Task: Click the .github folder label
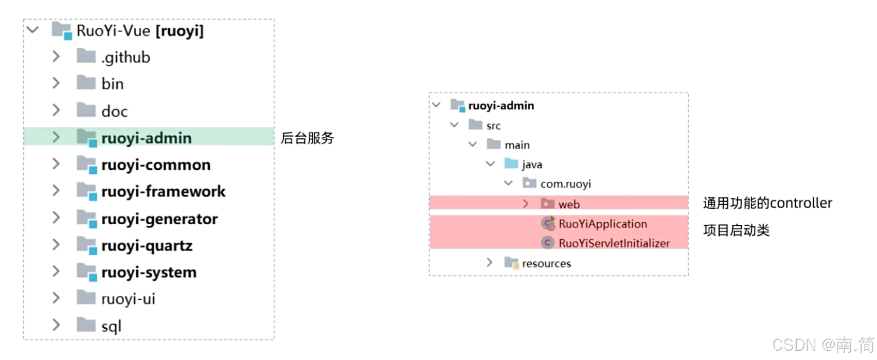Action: [x=126, y=57]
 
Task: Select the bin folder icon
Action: [x=86, y=83]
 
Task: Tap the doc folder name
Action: [x=114, y=111]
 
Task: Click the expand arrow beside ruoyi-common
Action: [x=56, y=164]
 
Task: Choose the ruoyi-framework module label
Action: [x=163, y=191]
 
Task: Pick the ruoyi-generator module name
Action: [x=159, y=219]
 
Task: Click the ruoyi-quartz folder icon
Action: [x=86, y=246]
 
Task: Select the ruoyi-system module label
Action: [x=149, y=272]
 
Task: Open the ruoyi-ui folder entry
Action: [x=128, y=299]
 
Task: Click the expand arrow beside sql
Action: [x=56, y=325]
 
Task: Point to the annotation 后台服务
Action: [x=307, y=138]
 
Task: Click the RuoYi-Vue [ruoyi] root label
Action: [x=140, y=31]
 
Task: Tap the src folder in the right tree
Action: [x=493, y=125]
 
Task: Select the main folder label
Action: [x=517, y=145]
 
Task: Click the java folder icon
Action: [x=511, y=164]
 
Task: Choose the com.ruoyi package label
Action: [x=565, y=184]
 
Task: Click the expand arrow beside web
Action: [x=526, y=204]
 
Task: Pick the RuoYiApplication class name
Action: [x=603, y=224]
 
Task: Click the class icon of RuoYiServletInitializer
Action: [x=547, y=243]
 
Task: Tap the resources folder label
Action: [x=546, y=263]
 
